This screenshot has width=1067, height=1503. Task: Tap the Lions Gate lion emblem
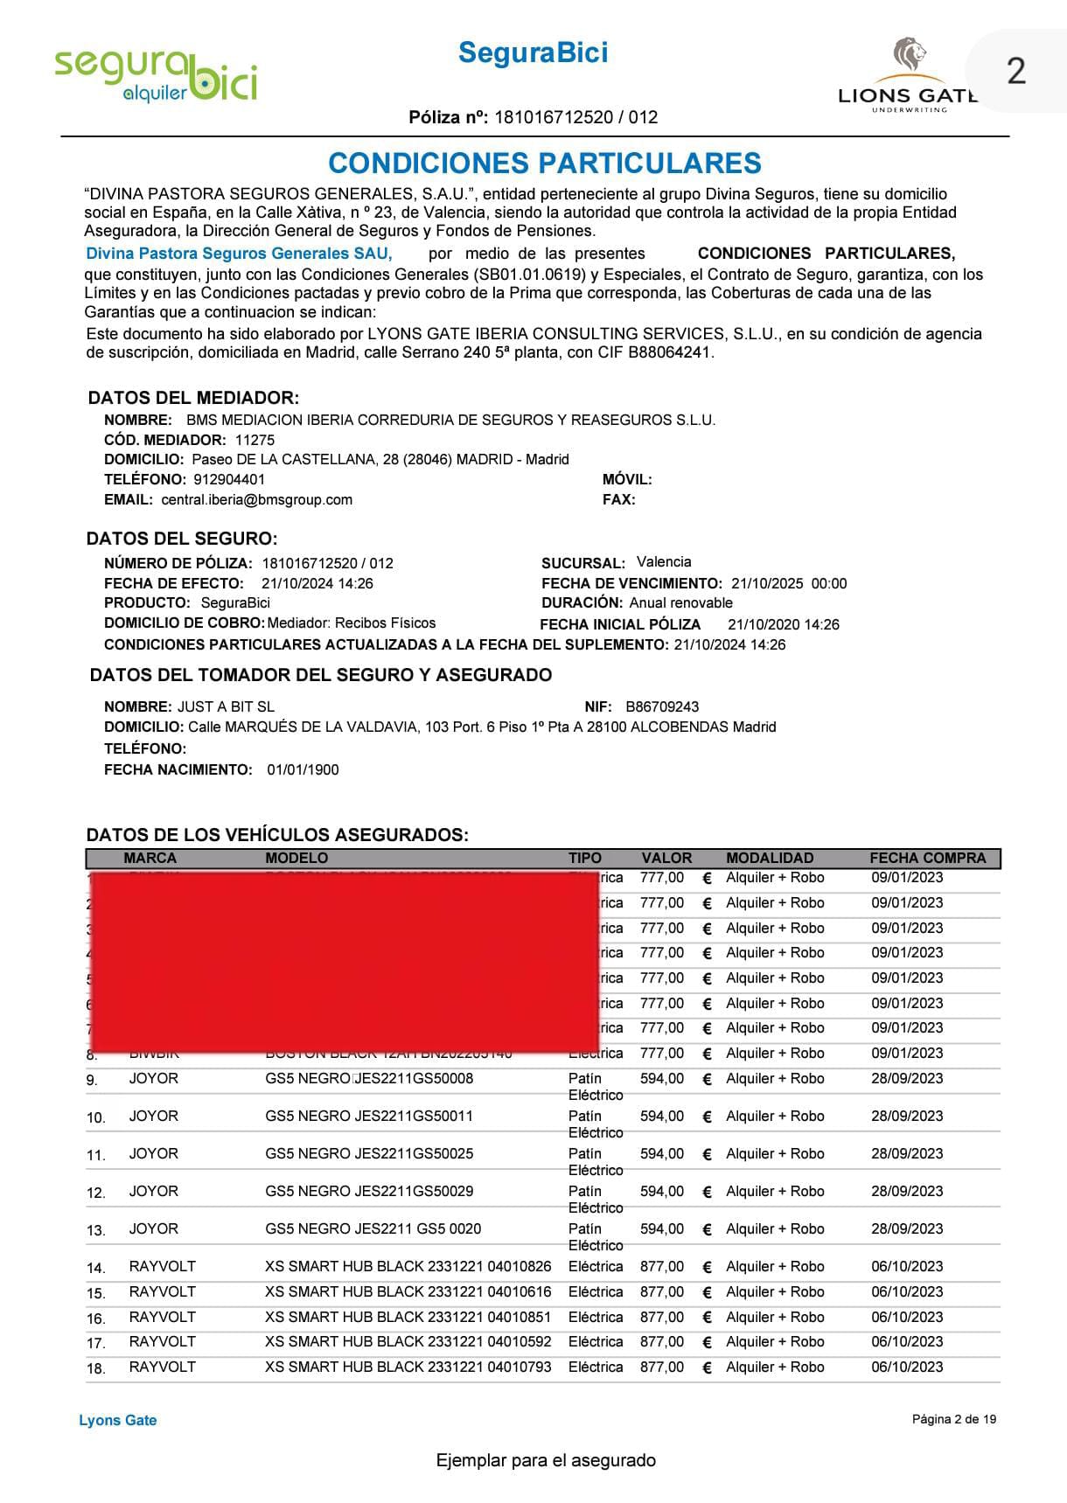909,55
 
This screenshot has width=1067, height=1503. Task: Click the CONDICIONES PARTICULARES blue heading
544,164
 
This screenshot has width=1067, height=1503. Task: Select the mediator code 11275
255,440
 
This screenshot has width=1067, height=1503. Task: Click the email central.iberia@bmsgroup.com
256,499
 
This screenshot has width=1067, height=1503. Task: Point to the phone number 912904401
229,479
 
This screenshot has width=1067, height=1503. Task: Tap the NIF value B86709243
662,706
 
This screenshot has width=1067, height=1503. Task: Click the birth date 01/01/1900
303,769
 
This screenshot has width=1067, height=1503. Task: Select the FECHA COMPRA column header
927,858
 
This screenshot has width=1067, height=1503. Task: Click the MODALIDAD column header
770,858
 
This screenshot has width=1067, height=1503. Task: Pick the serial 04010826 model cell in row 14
408,1266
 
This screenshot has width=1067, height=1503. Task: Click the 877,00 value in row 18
661,1367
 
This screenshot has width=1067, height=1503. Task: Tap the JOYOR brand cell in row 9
153,1078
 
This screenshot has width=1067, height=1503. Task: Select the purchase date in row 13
907,1228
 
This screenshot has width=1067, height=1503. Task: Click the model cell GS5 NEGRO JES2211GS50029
369,1191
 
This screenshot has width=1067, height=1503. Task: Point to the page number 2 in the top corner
1015,71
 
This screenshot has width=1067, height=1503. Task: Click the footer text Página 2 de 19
953,1419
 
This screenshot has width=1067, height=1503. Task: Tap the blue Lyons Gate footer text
118,1420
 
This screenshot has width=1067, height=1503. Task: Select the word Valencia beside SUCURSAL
664,562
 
